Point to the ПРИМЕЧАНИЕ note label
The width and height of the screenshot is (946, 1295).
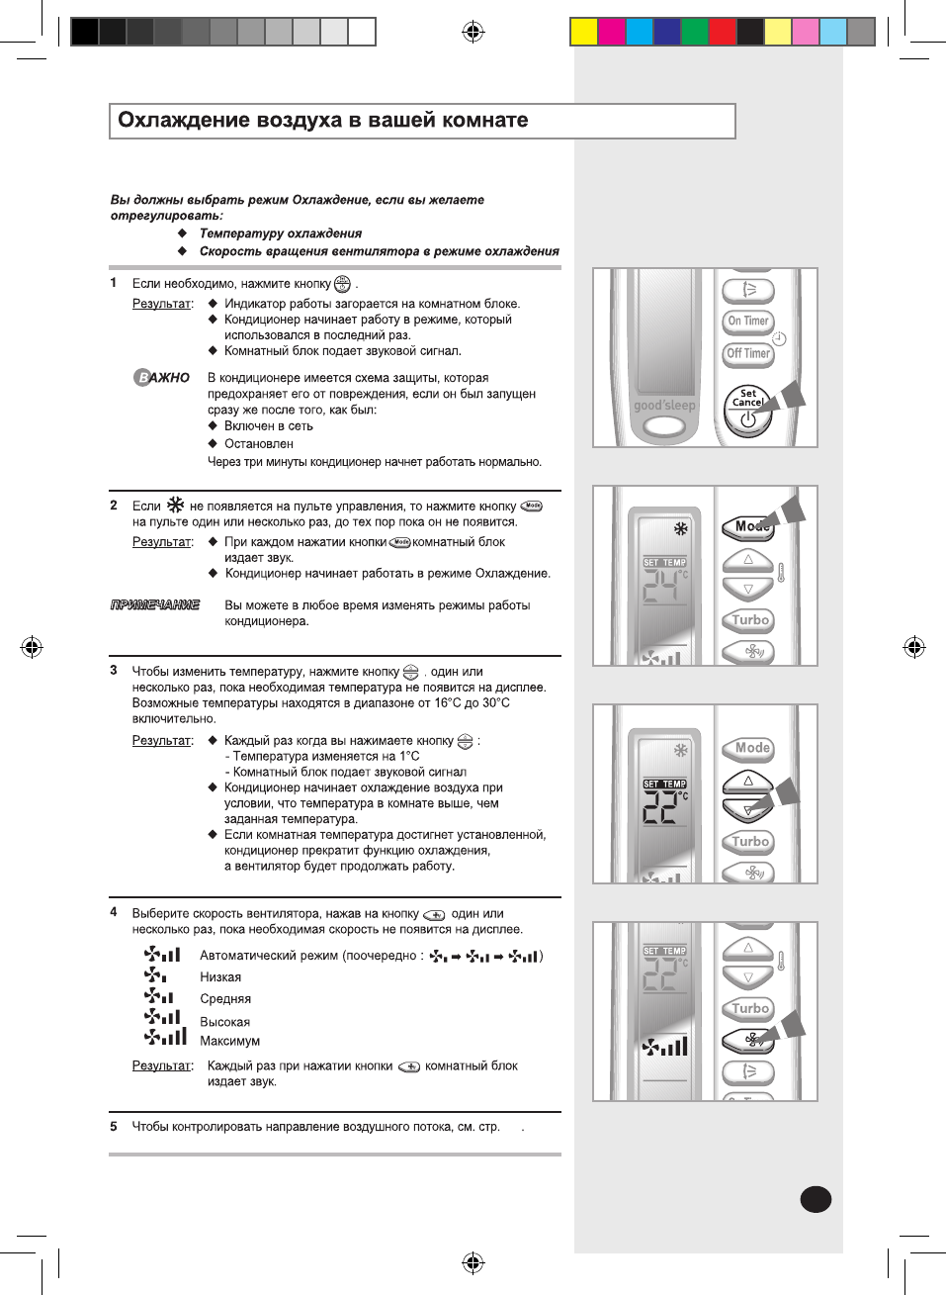coord(155,604)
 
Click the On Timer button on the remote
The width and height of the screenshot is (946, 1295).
coord(748,321)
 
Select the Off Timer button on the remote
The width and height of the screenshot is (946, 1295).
coord(748,353)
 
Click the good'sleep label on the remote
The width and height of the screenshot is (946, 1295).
coord(664,406)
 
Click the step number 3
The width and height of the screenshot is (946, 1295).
coord(114,671)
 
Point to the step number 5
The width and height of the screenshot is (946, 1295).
coord(114,1126)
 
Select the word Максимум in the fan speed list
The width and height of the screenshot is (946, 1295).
coord(229,1041)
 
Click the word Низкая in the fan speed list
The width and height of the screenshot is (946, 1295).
coord(220,977)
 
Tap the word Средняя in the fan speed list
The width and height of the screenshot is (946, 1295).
coord(225,999)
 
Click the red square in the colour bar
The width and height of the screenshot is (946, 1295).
coord(723,32)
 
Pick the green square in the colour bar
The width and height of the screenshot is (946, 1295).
coord(695,32)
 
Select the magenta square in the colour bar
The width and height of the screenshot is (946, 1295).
coord(612,32)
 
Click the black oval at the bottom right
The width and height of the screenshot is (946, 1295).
coord(816,1199)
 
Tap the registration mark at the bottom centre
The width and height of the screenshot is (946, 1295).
coord(473,1262)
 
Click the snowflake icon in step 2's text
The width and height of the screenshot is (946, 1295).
coord(175,505)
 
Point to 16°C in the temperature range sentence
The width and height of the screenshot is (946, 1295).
coord(448,702)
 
